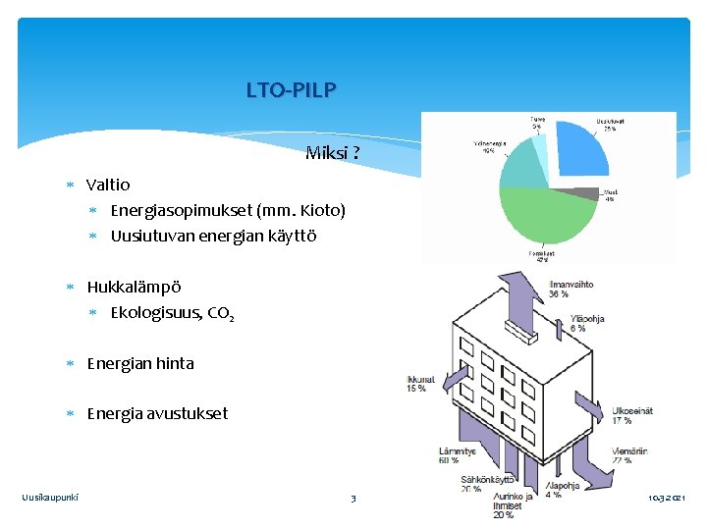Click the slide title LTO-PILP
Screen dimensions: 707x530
click(291, 91)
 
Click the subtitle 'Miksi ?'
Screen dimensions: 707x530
click(332, 153)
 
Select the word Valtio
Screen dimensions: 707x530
click(108, 185)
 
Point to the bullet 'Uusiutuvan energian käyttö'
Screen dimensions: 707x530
click(213, 237)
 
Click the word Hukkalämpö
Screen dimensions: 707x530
click(134, 288)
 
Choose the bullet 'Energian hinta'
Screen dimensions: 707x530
click(140, 363)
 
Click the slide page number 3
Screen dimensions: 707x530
click(353, 500)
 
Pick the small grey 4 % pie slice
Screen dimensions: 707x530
click(585, 193)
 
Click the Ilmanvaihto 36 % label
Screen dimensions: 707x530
click(571, 290)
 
